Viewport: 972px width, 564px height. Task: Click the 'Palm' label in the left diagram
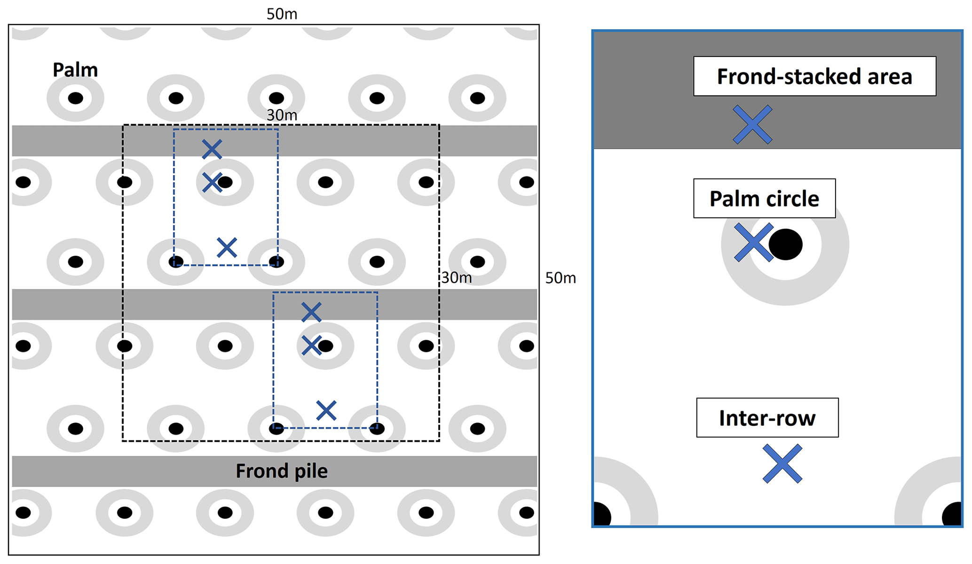pos(75,70)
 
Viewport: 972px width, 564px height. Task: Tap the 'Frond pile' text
pos(281,471)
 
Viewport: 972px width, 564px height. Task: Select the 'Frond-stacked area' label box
pos(814,77)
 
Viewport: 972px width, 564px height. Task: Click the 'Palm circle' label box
pos(764,198)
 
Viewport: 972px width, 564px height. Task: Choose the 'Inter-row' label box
pos(767,418)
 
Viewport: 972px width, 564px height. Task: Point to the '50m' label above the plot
pos(282,14)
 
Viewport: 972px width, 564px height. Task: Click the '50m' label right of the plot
pos(560,278)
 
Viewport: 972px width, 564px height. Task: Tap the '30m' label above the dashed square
pos(282,115)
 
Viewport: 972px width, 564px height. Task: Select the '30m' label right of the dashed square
pos(456,278)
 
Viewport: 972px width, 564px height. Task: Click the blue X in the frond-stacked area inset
pos(752,125)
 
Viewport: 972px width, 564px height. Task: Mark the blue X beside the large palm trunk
pos(753,242)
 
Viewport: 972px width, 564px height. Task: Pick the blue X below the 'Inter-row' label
pos(782,464)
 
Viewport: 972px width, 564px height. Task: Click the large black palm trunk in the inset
pos(785,244)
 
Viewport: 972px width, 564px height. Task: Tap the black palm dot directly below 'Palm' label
pos(75,98)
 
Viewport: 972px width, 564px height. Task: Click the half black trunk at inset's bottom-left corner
pos(601,515)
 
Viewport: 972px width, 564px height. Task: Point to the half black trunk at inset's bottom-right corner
pos(953,515)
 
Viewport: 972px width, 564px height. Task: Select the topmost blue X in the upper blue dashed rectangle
pos(212,149)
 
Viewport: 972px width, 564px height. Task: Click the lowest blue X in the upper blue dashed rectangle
pos(227,248)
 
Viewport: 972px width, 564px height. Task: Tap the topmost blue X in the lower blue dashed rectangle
pos(311,312)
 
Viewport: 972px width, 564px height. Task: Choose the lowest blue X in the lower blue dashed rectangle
pos(326,410)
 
